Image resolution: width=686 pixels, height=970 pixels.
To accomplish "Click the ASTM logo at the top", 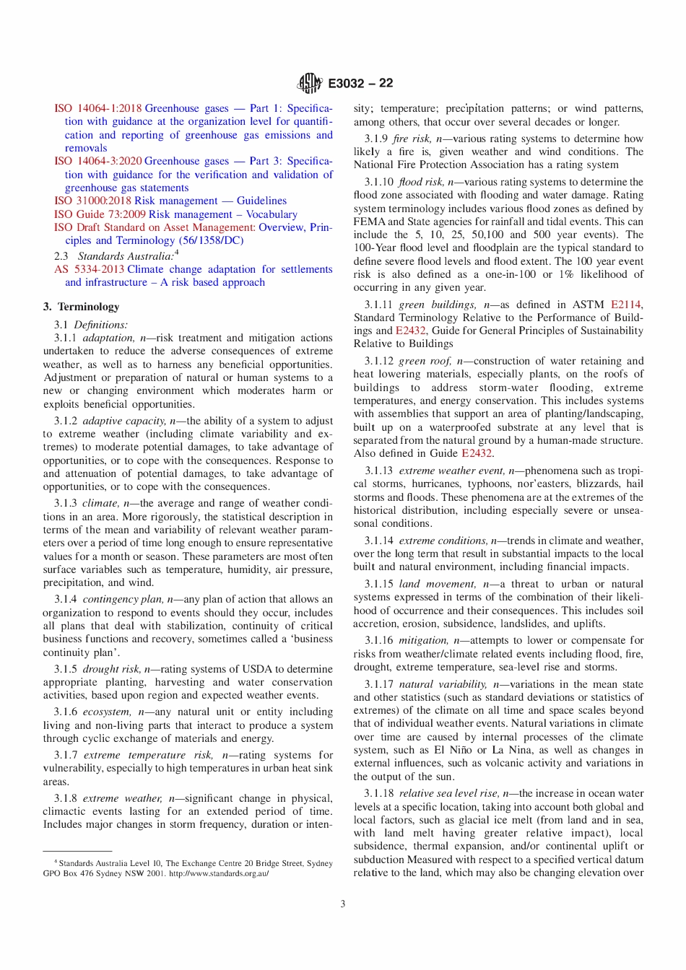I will [310, 84].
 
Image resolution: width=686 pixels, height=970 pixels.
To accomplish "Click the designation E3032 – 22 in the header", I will [360, 84].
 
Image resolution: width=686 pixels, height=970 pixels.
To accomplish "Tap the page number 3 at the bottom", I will [343, 904].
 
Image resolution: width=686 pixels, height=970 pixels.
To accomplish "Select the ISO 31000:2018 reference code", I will [93, 201].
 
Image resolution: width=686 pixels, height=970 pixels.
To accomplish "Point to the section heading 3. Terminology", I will [81, 307].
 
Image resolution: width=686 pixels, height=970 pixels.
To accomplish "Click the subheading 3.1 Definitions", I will [90, 325].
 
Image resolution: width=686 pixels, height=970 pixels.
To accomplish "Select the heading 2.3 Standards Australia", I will [116, 255].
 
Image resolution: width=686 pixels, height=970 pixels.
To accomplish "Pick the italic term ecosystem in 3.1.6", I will [106, 712].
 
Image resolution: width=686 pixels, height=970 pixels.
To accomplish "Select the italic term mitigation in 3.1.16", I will [423, 640].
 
